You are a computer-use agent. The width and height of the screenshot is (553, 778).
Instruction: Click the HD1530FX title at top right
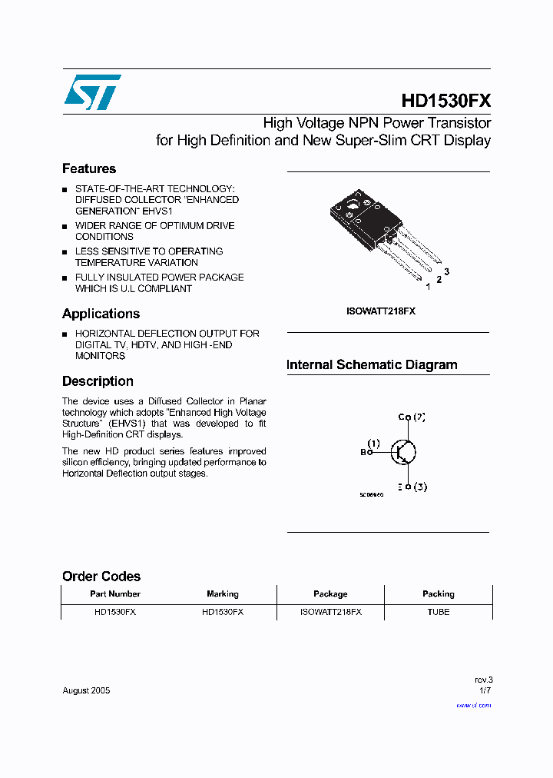coord(445,101)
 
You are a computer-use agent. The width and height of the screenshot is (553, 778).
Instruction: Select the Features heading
coord(89,169)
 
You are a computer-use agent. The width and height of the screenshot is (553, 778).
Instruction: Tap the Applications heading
coord(101,314)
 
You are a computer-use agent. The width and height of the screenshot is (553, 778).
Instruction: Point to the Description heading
coord(98,381)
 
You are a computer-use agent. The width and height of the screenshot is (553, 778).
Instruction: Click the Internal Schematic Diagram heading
coord(372,365)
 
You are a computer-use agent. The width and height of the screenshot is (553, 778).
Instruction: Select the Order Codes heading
coord(101,577)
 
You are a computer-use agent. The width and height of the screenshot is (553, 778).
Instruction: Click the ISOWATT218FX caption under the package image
coord(381,311)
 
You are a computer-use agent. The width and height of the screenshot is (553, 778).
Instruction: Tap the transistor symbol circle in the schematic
coord(403,452)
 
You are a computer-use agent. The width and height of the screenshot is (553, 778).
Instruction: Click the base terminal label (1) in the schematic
coord(373,444)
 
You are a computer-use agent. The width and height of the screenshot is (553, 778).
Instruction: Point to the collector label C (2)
coord(412,417)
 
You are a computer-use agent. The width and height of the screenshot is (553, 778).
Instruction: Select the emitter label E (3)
coord(412,487)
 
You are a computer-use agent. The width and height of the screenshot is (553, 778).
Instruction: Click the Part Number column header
coord(115,594)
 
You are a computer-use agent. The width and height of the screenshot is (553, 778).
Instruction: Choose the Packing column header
coord(438,594)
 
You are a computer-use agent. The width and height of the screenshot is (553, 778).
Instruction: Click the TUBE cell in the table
coord(438,612)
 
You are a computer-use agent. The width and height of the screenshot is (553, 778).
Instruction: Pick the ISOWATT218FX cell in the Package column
coord(330,612)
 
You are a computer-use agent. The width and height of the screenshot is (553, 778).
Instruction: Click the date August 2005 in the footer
coord(86,690)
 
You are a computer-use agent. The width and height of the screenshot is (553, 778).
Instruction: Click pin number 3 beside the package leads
coord(446,272)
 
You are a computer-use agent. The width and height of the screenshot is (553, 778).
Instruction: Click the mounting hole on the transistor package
coord(353,204)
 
